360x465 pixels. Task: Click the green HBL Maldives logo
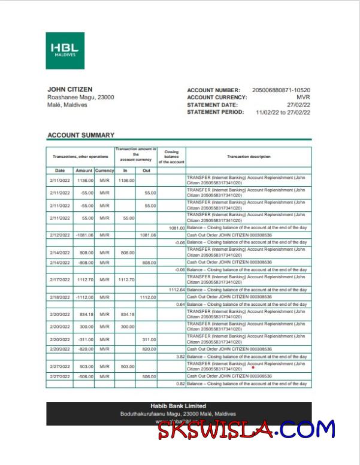pos(65,50)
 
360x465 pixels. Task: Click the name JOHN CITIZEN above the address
pos(69,90)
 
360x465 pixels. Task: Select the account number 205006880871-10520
pos(281,90)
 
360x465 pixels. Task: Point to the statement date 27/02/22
pos(298,105)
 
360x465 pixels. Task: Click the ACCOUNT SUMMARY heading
pos(80,135)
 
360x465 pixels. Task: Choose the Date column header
pos(59,171)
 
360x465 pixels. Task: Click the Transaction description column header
pos(249,157)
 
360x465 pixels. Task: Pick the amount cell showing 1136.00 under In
pos(126,180)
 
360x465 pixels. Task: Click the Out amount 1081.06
pos(147,235)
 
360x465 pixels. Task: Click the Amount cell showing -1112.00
pos(84,297)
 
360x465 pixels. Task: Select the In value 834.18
pos(126,314)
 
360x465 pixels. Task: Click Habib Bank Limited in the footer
pos(178,406)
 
